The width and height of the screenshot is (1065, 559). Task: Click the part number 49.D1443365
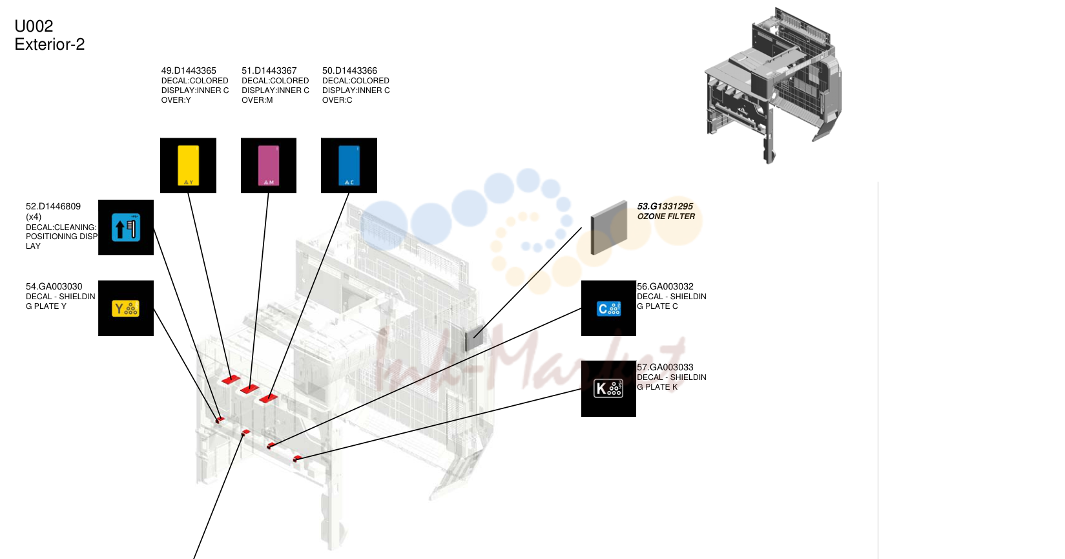click(x=189, y=71)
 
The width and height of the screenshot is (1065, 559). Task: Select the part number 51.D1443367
click(x=269, y=71)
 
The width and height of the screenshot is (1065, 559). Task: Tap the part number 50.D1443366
click(x=349, y=71)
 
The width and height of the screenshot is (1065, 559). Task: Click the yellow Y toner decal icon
click(x=189, y=165)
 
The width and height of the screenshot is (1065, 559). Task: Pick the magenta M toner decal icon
click(x=269, y=165)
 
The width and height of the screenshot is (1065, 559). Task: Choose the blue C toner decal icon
click(x=349, y=165)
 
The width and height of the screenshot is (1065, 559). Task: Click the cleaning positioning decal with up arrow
click(x=126, y=227)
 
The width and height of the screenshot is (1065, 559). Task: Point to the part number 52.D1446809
click(x=53, y=206)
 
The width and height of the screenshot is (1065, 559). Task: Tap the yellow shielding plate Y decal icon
click(x=126, y=308)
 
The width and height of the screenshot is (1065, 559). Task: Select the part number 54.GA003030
click(x=54, y=286)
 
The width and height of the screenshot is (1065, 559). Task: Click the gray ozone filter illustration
click(x=608, y=227)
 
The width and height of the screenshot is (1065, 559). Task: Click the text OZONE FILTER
click(x=666, y=216)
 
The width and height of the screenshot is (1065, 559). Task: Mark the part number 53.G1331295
click(x=665, y=206)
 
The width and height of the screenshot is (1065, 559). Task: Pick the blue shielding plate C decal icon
click(x=608, y=308)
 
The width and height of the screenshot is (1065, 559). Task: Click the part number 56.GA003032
click(x=665, y=286)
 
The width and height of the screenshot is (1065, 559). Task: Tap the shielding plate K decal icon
click(x=608, y=388)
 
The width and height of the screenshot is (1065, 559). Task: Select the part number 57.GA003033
click(x=665, y=367)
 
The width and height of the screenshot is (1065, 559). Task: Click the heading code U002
click(x=34, y=26)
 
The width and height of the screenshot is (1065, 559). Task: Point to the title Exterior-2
click(x=50, y=44)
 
